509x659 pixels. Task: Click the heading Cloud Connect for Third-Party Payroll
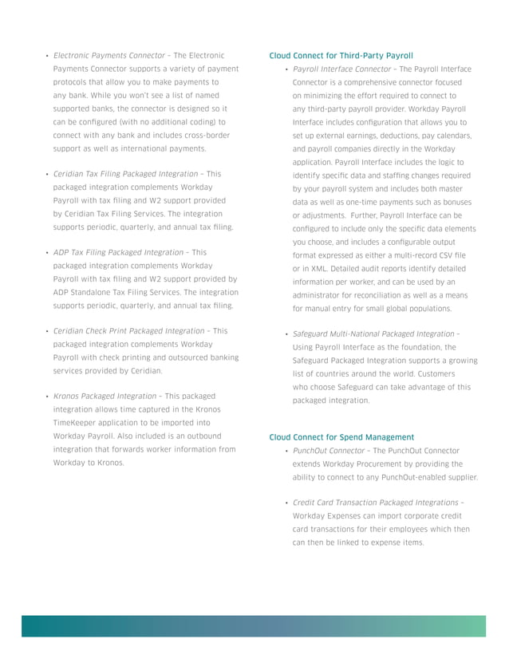pos(341,56)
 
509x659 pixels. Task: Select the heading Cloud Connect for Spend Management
pos(341,437)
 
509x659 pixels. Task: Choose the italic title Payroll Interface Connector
pos(341,69)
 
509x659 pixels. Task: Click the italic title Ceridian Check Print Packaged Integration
pos(128,330)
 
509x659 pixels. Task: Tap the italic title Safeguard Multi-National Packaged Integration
pos(373,333)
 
